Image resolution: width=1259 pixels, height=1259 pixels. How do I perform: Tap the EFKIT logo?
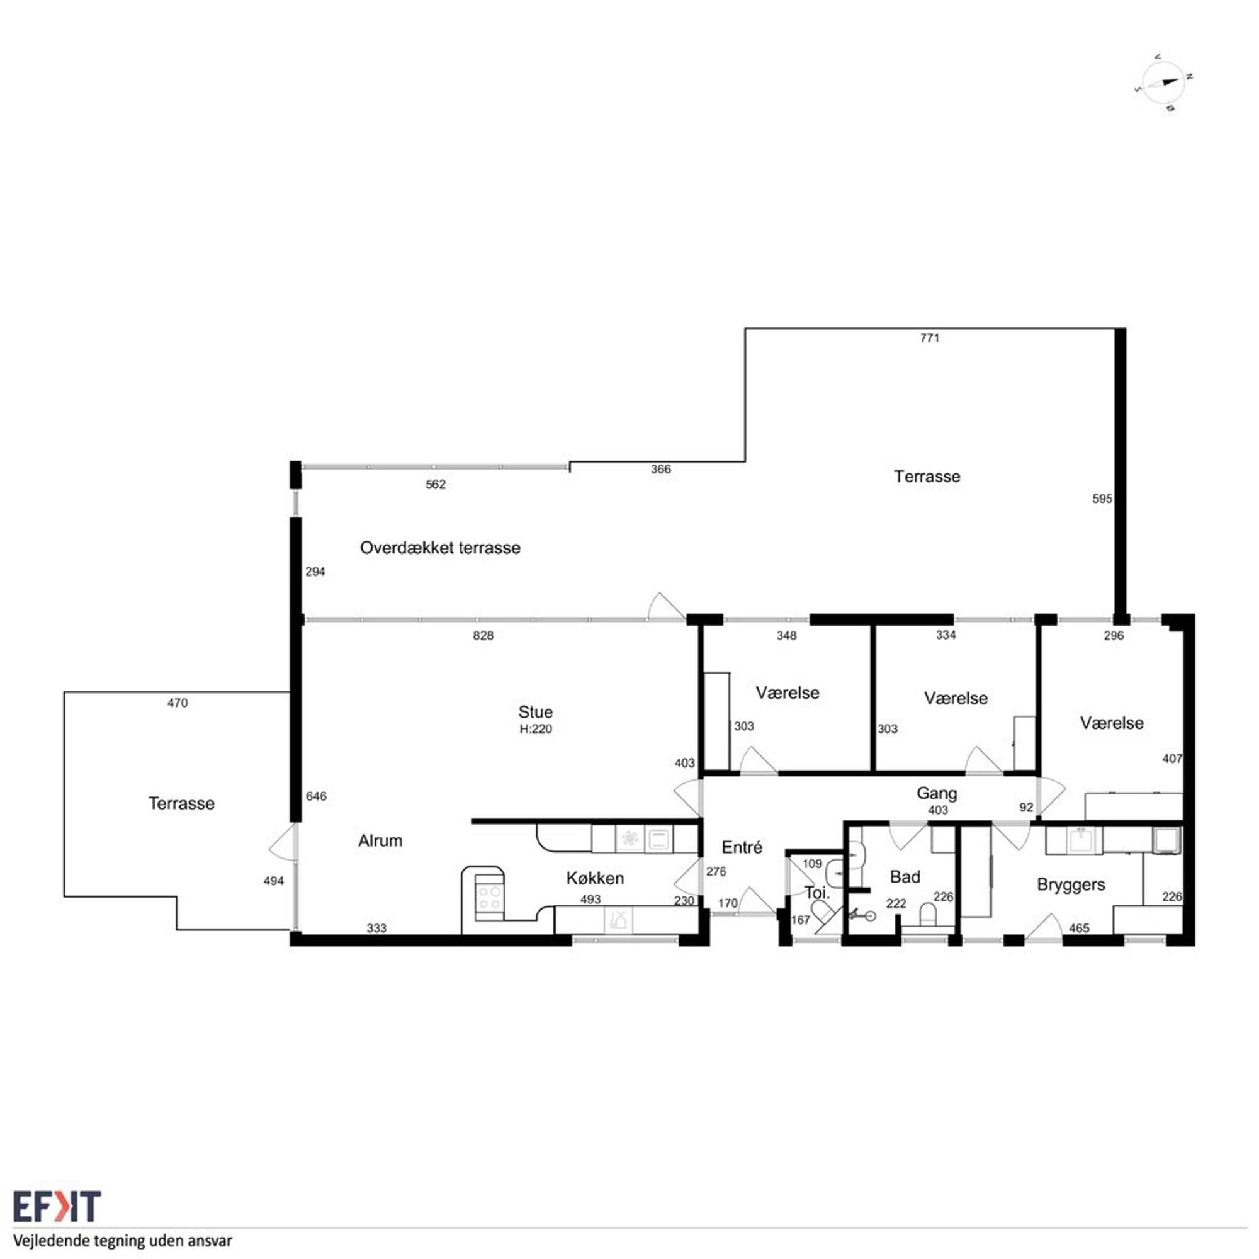pyautogui.click(x=57, y=1206)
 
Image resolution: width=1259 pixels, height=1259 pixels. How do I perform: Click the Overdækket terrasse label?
pyautogui.click(x=440, y=548)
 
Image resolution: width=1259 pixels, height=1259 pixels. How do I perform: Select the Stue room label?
pyautogui.click(x=535, y=711)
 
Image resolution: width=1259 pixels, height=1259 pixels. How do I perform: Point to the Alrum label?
pyautogui.click(x=380, y=840)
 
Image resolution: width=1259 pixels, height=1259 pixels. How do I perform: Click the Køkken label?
pyautogui.click(x=594, y=878)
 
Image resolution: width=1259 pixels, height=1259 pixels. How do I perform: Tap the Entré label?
pyautogui.click(x=742, y=847)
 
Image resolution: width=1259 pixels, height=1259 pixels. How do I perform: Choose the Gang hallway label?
pyautogui.click(x=937, y=794)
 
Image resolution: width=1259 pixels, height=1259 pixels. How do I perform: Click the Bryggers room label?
pyautogui.click(x=1071, y=885)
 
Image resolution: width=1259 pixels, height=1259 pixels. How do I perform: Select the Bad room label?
pyautogui.click(x=905, y=876)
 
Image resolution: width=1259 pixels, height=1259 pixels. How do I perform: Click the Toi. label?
pyautogui.click(x=816, y=892)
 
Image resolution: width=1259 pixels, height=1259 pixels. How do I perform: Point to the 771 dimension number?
pyautogui.click(x=929, y=337)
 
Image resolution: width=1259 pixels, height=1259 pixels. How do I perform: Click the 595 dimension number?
pyautogui.click(x=1102, y=499)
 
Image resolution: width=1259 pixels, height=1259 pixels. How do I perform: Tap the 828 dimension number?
pyautogui.click(x=483, y=635)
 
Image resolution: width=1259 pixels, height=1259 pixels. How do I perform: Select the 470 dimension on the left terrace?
pyautogui.click(x=178, y=703)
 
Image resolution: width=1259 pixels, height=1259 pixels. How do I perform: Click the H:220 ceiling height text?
pyautogui.click(x=535, y=729)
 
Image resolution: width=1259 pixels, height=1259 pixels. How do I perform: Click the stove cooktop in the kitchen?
pyautogui.click(x=488, y=897)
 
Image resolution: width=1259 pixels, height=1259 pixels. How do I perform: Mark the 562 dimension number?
pyautogui.click(x=436, y=484)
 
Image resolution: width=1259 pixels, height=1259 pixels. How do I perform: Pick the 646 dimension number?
pyautogui.click(x=316, y=796)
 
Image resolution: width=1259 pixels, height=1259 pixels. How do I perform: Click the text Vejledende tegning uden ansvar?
pyautogui.click(x=123, y=1241)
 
